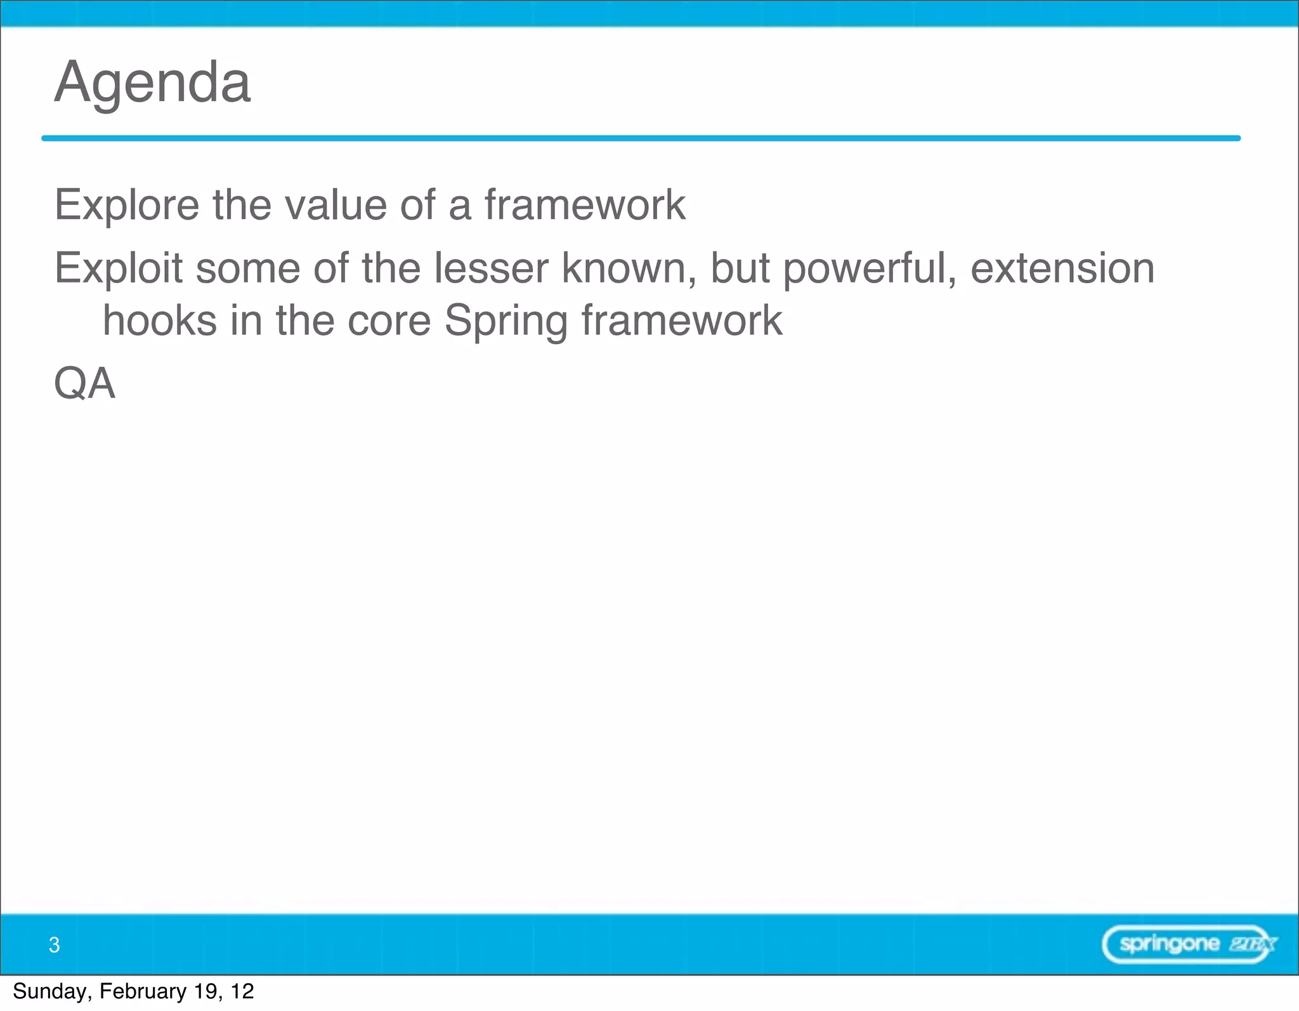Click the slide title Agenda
click(152, 83)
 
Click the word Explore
click(126, 205)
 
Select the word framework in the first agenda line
click(585, 205)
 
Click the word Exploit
click(118, 268)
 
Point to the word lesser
click(491, 268)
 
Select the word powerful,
click(870, 268)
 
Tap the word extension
click(1062, 268)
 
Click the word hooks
click(160, 320)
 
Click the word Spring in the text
click(506, 322)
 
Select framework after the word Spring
click(682, 320)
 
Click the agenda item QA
click(85, 383)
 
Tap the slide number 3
click(55, 945)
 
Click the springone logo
click(1188, 944)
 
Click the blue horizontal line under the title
click(641, 138)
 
